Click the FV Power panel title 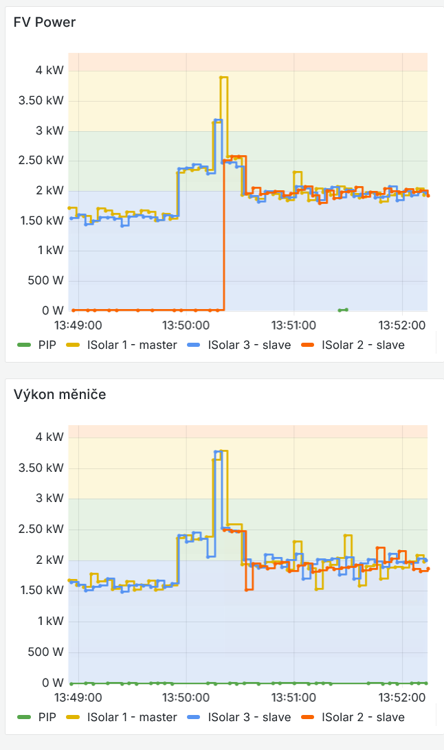click(45, 23)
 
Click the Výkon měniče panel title click(60, 394)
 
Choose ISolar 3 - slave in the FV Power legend click(249, 345)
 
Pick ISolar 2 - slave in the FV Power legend click(363, 345)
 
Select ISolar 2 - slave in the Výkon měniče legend click(363, 717)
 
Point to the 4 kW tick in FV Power click(49, 70)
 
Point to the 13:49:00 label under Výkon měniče click(78, 697)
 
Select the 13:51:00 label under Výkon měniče click(293, 697)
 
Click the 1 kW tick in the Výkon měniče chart click(49, 621)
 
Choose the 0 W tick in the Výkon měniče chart click(52, 683)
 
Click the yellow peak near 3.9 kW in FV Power click(223, 78)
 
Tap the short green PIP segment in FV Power click(344, 310)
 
